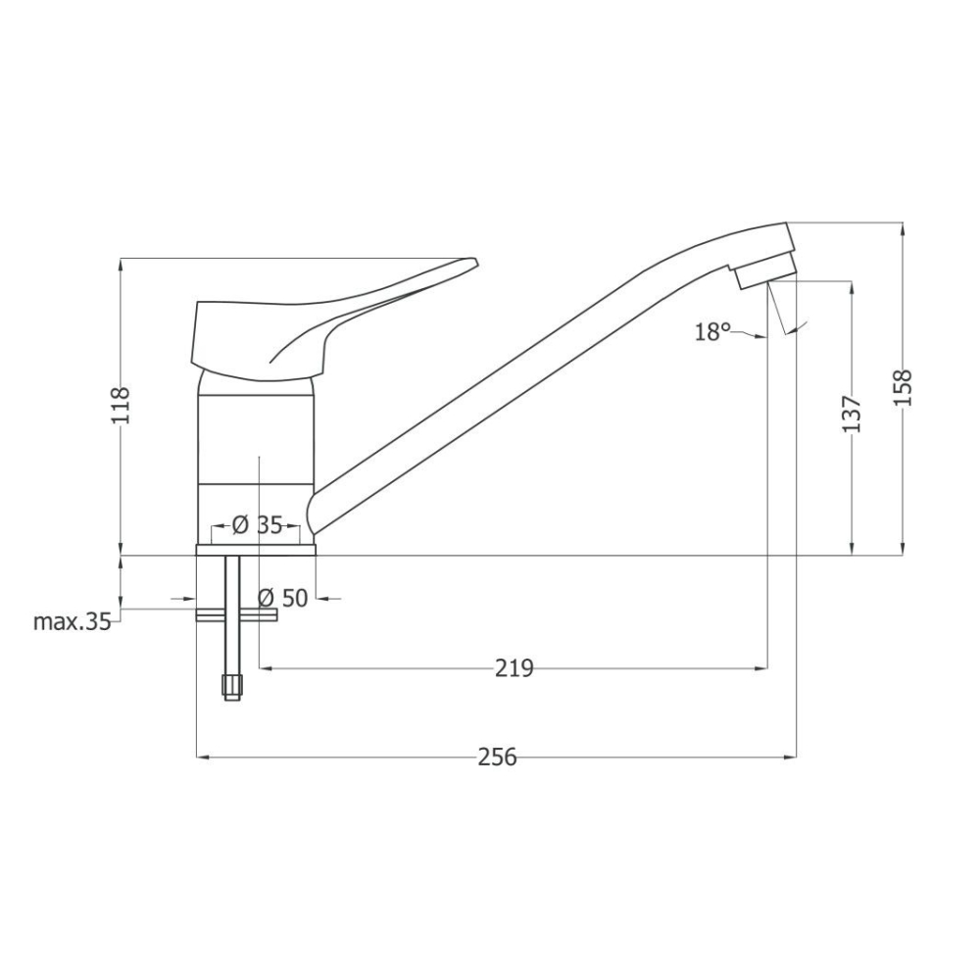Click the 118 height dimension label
tap(120, 406)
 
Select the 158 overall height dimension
tap(904, 388)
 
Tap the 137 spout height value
tap(852, 414)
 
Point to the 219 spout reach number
tap(514, 668)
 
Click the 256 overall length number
tap(498, 757)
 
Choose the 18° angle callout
tap(712, 331)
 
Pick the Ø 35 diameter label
tap(257, 525)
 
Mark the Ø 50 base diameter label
tap(283, 598)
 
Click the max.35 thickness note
tap(72, 621)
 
